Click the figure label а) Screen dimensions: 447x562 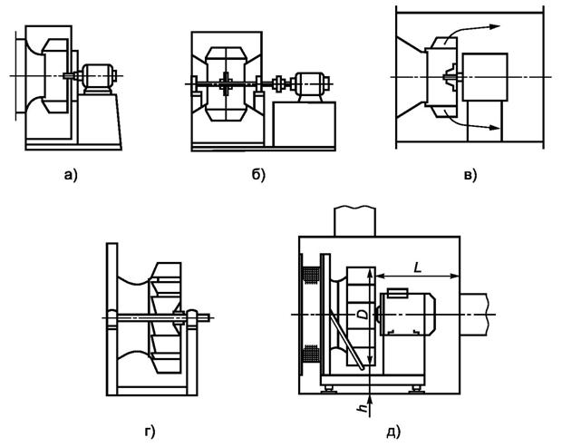point(72,176)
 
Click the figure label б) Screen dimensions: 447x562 point(257,176)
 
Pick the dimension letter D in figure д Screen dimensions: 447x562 point(363,313)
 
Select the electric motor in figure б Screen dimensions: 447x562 point(306,86)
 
